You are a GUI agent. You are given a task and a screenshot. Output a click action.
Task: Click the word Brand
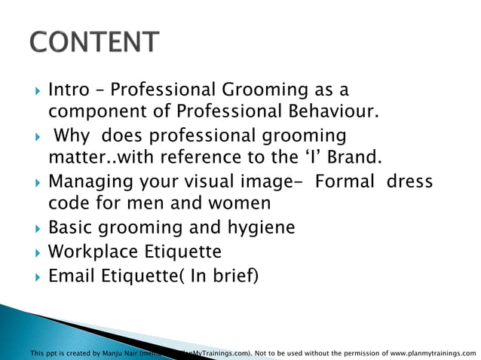[x=352, y=158]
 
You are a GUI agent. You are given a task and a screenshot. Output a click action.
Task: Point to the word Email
[x=71, y=275]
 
